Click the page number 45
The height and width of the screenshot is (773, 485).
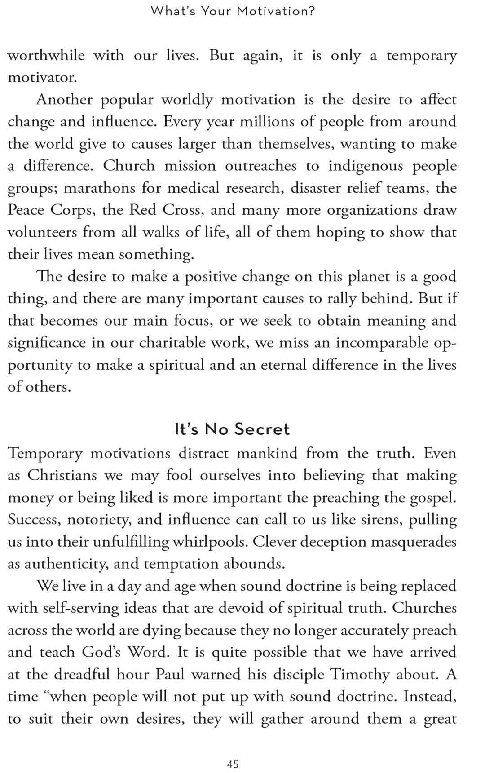(233, 764)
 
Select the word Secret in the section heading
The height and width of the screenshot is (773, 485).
(262, 429)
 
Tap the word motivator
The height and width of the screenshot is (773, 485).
(42, 78)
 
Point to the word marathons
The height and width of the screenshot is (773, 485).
(99, 188)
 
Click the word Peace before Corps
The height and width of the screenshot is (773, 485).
(26, 210)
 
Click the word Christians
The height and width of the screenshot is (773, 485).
(62, 476)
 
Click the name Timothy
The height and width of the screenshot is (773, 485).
(360, 675)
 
